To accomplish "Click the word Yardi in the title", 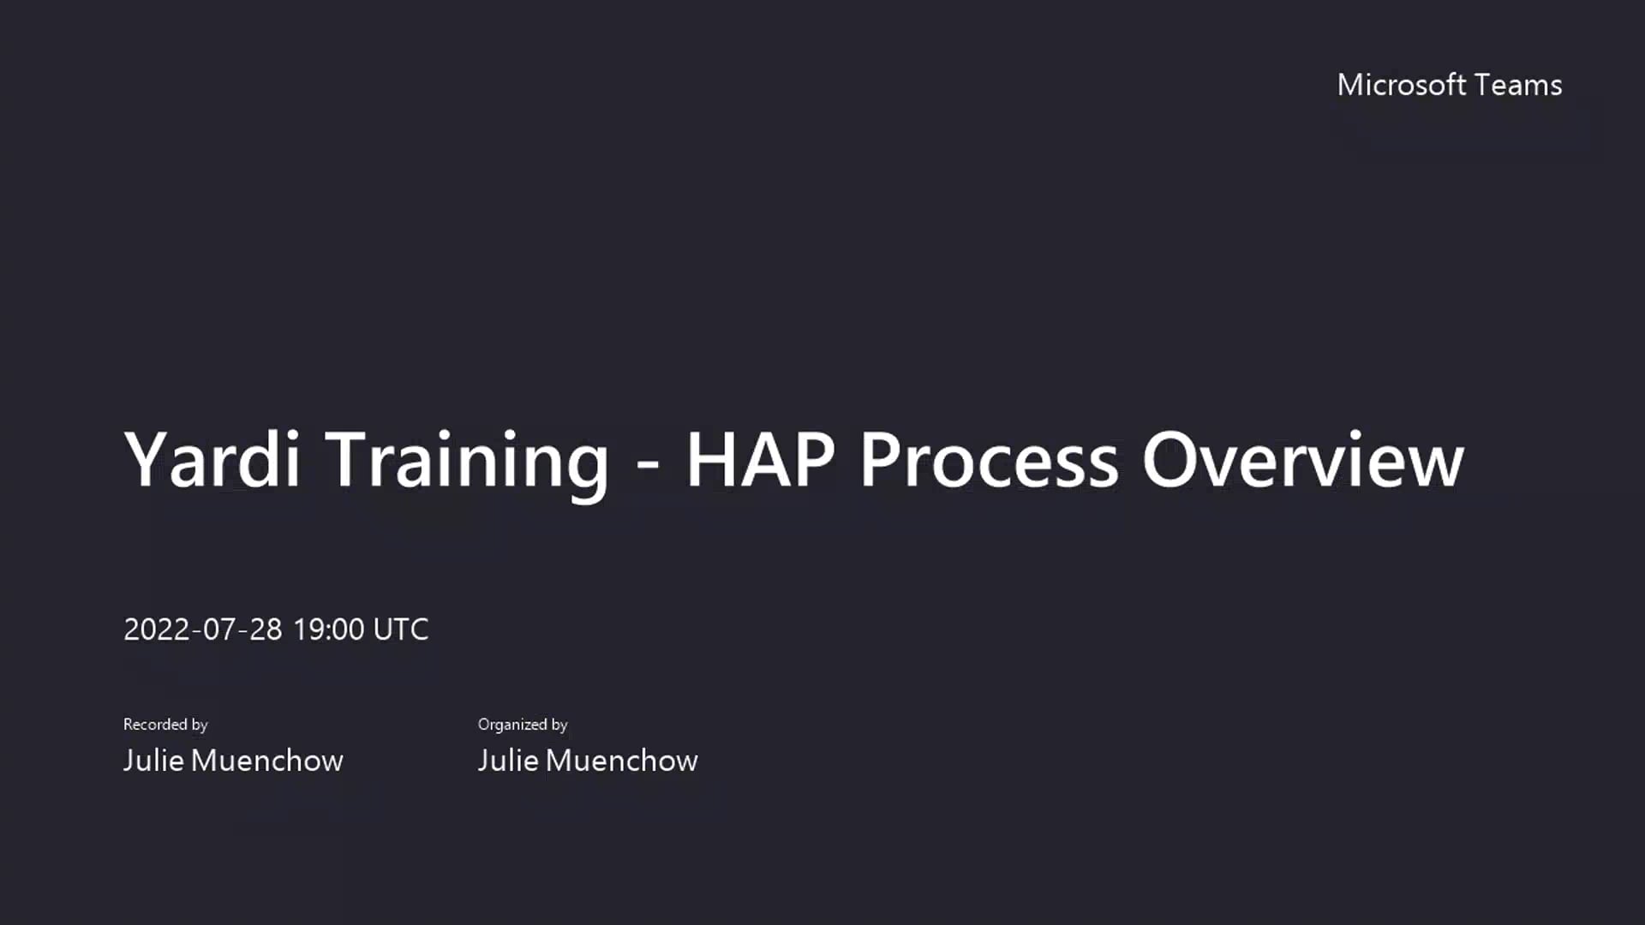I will [x=212, y=460].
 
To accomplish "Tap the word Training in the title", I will [x=467, y=462].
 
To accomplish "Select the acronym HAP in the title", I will [x=760, y=460].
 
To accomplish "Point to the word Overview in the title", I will [x=1302, y=460].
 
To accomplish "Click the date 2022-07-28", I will [x=202, y=630].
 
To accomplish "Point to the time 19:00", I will [x=328, y=630].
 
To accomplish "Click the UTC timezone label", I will [x=401, y=630].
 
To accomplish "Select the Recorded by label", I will [x=165, y=725].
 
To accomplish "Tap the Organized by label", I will [x=523, y=725].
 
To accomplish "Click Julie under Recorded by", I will [x=153, y=761].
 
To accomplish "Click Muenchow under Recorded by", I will [x=266, y=761].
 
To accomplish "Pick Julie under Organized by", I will [x=508, y=761].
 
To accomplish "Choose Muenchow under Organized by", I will [x=621, y=761].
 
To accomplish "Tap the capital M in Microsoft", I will [x=1351, y=85].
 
